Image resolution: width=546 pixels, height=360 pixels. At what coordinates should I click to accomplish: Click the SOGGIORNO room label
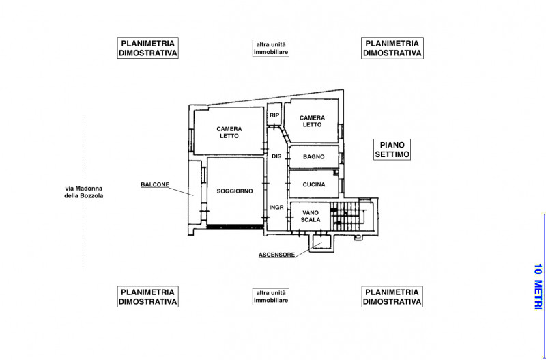(235, 191)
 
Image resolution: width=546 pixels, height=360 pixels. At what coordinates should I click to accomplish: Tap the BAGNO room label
(314, 157)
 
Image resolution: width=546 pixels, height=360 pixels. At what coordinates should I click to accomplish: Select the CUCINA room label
(314, 184)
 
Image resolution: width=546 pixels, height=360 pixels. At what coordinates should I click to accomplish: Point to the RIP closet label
(274, 115)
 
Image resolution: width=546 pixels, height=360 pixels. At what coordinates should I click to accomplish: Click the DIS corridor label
(276, 157)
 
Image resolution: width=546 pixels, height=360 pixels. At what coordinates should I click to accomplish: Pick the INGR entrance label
(276, 208)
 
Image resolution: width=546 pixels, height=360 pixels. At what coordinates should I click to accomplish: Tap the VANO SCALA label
(311, 216)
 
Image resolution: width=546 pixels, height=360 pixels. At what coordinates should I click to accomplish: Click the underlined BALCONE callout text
(155, 184)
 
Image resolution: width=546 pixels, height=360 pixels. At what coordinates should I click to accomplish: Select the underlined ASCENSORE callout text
(277, 255)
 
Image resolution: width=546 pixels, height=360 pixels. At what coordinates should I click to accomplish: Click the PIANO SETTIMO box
(392, 150)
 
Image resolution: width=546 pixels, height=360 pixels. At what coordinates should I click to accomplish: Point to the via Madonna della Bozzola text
(83, 192)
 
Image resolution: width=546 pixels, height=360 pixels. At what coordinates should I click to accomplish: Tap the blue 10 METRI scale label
(538, 286)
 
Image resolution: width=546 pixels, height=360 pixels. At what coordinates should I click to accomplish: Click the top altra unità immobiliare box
(271, 49)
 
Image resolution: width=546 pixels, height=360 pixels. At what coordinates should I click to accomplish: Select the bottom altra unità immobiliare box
(271, 296)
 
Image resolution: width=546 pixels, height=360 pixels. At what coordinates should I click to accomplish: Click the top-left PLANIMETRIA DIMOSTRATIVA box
(147, 48)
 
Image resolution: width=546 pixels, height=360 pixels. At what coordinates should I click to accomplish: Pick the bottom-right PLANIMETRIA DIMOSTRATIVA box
(392, 296)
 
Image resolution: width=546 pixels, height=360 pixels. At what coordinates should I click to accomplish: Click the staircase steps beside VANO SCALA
(345, 216)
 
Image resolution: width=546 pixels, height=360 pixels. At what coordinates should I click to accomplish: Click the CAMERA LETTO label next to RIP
(312, 122)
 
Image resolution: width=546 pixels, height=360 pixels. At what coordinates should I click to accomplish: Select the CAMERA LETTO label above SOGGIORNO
(229, 133)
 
